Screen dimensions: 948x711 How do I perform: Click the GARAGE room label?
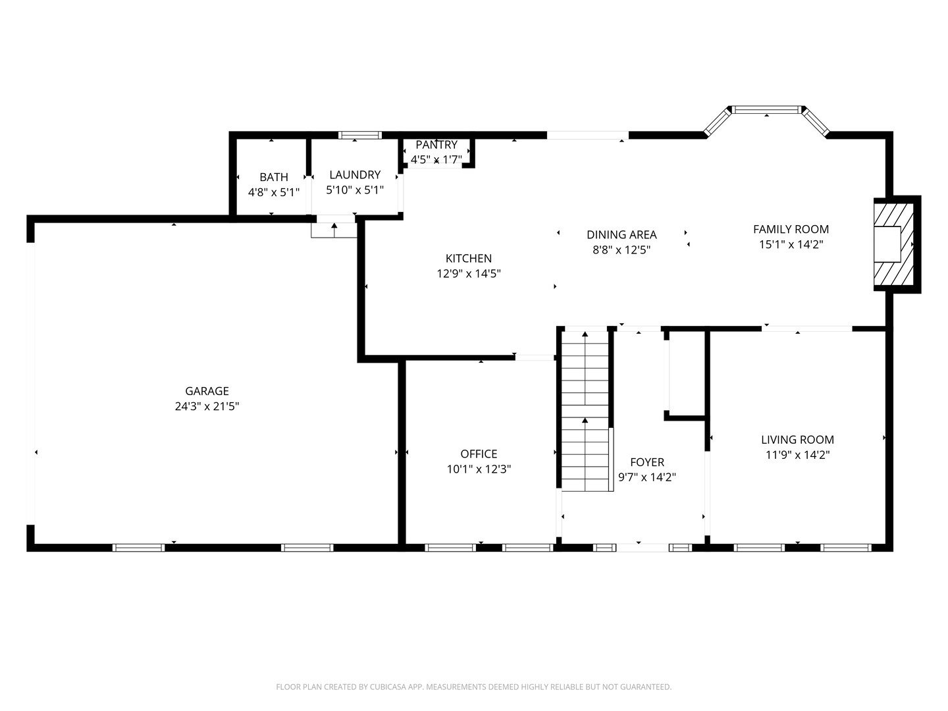pos(207,390)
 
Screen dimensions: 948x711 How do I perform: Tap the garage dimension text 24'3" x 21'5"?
pos(207,406)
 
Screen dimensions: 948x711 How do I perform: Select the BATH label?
pos(274,177)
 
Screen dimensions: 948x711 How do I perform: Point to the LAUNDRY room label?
pos(355,175)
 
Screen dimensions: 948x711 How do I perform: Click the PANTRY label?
pos(436,145)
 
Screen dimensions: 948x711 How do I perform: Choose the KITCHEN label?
pos(469,258)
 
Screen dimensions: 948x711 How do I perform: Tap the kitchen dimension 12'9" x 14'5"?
pos(469,274)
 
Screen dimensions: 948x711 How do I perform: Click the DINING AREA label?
pos(621,235)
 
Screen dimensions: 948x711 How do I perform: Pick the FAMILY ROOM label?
pos(791,229)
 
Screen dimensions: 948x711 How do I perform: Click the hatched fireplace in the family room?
pos(893,244)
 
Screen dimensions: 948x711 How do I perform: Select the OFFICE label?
pos(479,454)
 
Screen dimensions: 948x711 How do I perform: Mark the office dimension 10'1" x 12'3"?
pos(479,469)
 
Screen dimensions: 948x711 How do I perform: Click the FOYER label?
pos(647,462)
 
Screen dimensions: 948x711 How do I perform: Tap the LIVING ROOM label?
pos(797,440)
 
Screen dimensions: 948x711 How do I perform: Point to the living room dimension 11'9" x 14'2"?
pos(797,455)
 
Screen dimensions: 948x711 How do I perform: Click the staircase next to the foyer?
pos(585,411)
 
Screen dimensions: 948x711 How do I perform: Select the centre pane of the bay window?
pos(766,110)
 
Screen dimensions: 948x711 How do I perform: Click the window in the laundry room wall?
pos(359,135)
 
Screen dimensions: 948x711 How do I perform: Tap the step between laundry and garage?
pos(334,230)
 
